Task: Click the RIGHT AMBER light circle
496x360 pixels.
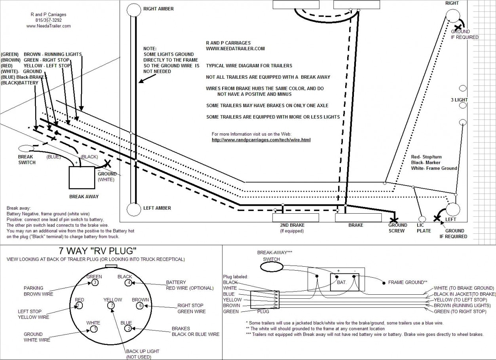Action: coord(134,10)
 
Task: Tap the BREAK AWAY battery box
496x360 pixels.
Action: coord(82,178)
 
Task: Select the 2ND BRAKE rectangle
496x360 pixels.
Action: coord(292,218)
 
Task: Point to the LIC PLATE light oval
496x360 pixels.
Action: coord(422,219)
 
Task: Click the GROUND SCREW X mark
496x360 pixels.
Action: coord(394,220)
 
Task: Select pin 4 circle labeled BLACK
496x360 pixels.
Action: coord(128,283)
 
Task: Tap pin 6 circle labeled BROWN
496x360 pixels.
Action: coord(139,305)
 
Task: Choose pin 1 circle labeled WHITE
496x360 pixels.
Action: coord(94,329)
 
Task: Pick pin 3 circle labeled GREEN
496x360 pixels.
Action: coord(95,282)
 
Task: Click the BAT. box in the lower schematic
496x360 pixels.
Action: coord(342,282)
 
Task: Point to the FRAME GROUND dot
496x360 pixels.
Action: coord(383,283)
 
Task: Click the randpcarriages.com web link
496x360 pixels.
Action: coord(261,140)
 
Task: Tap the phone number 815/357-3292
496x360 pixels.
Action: coord(48,20)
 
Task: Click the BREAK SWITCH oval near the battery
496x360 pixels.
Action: coord(26,148)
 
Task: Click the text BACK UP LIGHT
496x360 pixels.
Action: coord(143,351)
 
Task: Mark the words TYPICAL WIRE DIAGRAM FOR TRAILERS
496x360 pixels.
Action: coord(249,66)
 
